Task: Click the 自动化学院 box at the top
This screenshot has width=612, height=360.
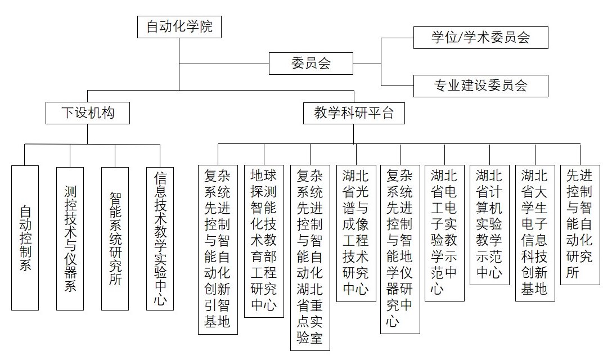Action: point(179,26)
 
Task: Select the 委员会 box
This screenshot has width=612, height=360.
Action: point(310,63)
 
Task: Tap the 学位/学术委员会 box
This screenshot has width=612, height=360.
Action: point(480,38)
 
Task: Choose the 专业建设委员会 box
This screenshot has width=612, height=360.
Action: point(480,85)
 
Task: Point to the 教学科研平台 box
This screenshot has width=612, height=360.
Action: point(354,113)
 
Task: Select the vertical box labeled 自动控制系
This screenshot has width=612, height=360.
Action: point(25,237)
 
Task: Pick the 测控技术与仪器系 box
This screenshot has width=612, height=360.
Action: point(70,237)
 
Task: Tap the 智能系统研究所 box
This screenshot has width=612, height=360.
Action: point(115,237)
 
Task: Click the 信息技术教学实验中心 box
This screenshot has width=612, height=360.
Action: point(160,237)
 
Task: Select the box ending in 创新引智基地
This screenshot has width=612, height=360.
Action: point(218,249)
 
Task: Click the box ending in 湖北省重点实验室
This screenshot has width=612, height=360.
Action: point(309,258)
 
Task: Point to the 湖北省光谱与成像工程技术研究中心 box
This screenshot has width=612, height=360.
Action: point(355,233)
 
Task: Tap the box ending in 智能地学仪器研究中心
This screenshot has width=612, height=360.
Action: point(400,249)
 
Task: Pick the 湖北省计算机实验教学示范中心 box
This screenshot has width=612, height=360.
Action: point(489,225)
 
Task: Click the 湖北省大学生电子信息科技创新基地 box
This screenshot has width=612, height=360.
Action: point(534,233)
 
